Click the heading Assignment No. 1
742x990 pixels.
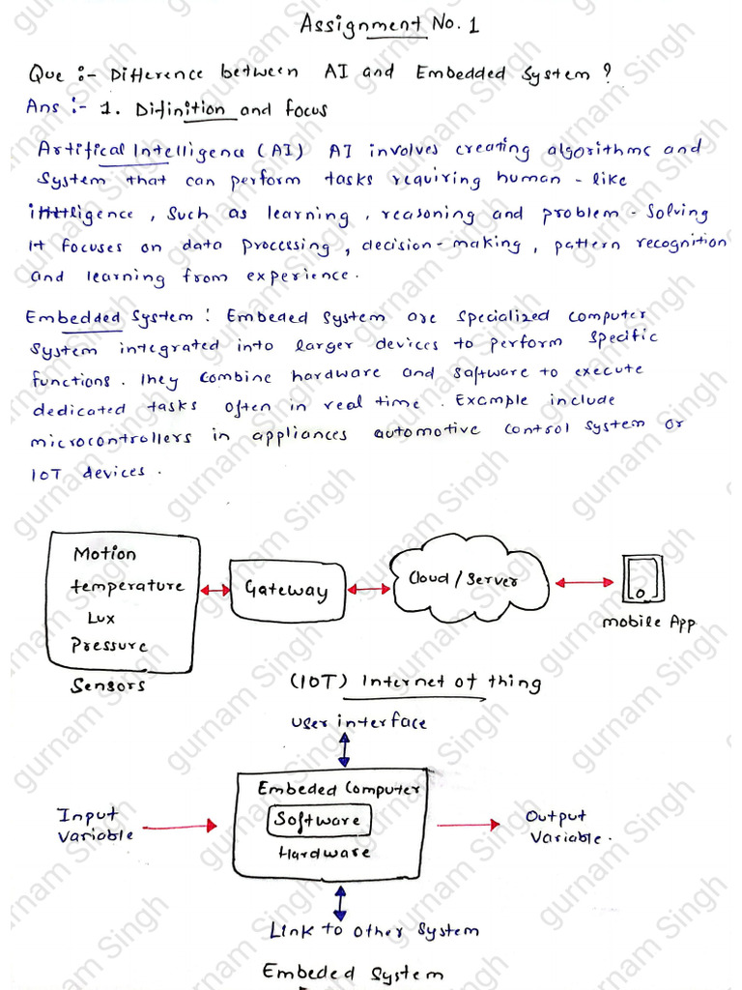[x=389, y=25]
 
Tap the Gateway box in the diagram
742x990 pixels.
[x=286, y=589]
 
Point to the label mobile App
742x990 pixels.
[x=648, y=624]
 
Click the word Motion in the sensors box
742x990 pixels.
[x=105, y=555]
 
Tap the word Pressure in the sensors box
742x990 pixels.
[x=110, y=645]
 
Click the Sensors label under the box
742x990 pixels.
[x=108, y=685]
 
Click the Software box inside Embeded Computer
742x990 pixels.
[x=318, y=821]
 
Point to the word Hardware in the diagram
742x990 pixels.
[x=324, y=854]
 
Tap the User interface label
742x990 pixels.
[x=357, y=722]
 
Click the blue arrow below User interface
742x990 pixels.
[x=343, y=750]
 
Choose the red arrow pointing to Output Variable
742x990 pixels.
[x=469, y=825]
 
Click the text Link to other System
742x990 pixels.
[x=373, y=931]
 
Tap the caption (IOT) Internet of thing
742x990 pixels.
[x=415, y=684]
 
